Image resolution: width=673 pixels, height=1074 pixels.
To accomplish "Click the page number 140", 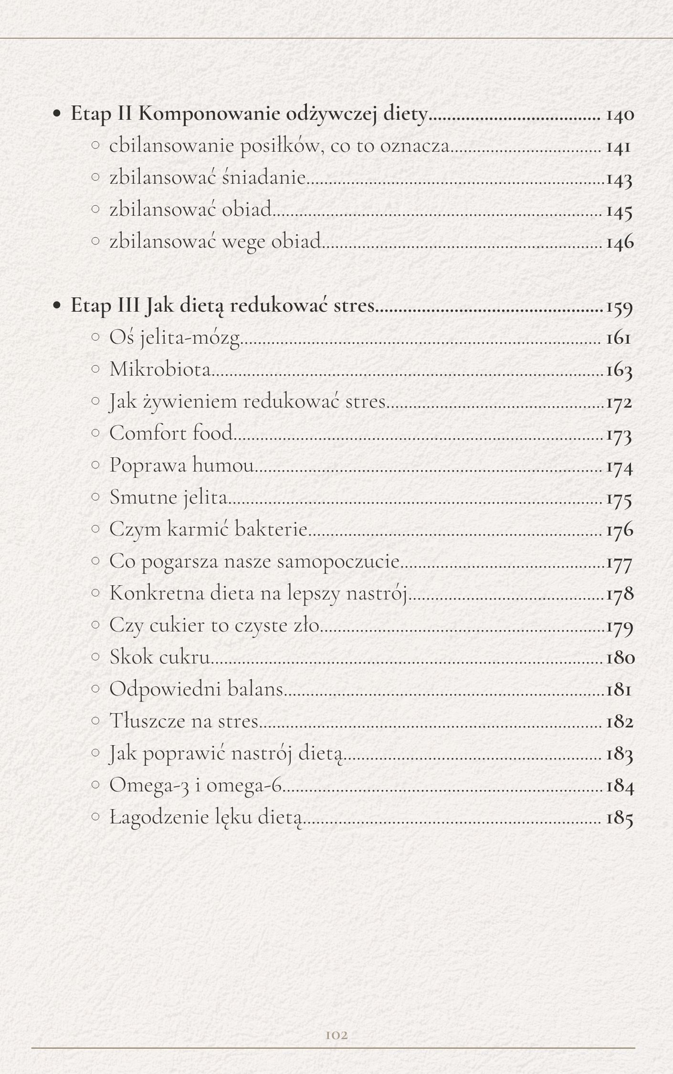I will [x=620, y=115].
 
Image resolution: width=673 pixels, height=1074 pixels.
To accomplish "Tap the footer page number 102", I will [x=336, y=1035].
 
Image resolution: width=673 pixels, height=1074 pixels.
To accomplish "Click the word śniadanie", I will [x=263, y=178].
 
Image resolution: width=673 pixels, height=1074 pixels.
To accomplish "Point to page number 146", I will [x=620, y=242].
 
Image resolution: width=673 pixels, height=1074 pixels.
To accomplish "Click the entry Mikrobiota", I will [x=160, y=369].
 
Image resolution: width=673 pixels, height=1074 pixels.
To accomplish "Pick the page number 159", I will [x=620, y=306].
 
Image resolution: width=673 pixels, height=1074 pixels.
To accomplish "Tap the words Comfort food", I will [x=171, y=433].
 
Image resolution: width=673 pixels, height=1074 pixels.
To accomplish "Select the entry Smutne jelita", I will [x=168, y=497].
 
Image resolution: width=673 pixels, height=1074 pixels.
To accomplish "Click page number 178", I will [x=620, y=593].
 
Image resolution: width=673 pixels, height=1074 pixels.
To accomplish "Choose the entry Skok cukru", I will [x=160, y=657].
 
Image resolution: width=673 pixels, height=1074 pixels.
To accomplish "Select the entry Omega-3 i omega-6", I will [x=196, y=785].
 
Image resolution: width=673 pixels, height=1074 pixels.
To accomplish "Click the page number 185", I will [x=620, y=818].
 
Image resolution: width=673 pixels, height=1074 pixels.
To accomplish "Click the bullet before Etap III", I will [x=57, y=306].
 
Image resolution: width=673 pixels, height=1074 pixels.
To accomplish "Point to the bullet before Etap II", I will [x=57, y=115].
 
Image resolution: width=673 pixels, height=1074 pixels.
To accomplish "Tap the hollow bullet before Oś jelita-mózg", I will [x=95, y=337].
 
